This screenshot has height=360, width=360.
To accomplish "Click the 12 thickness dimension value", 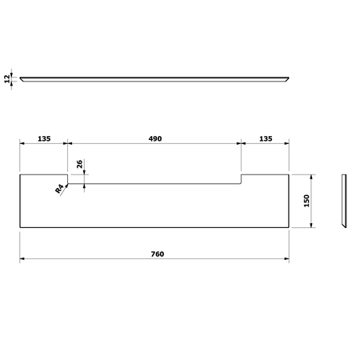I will pyautogui.click(x=7, y=78).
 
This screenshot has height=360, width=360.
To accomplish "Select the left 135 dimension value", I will pyautogui.click(x=44, y=138).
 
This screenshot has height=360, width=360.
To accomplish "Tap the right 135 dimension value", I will pyautogui.click(x=266, y=138).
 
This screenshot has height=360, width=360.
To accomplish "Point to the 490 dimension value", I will pyautogui.click(x=155, y=138).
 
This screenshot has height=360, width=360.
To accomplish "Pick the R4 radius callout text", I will pyautogui.click(x=60, y=190).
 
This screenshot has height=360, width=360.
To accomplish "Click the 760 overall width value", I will pyautogui.click(x=157, y=254).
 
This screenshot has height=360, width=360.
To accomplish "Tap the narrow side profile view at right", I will pyautogui.click(x=345, y=200).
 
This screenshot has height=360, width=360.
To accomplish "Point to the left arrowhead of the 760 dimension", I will pyautogui.click(x=23, y=259).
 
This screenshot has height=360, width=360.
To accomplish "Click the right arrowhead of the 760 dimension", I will pyautogui.click(x=288, y=259).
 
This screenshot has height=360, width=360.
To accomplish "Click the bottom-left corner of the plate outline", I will pyautogui.click(x=20, y=227).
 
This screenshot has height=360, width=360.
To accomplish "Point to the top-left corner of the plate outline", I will pyautogui.click(x=20, y=174).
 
